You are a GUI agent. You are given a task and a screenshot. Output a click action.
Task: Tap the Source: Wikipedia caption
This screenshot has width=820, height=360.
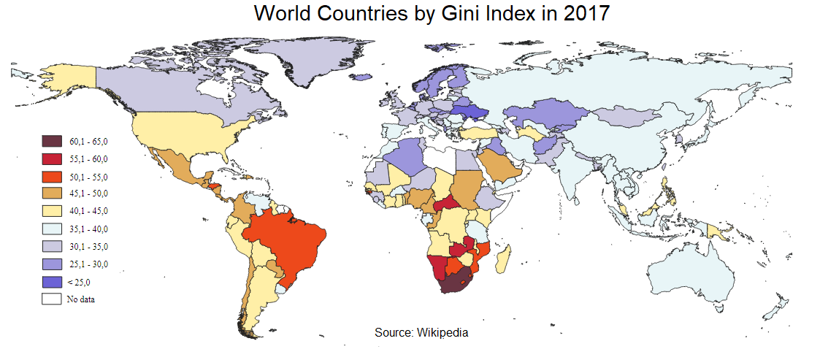tap(421, 332)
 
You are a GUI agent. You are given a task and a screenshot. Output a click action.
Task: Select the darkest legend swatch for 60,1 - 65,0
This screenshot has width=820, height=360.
tap(51, 141)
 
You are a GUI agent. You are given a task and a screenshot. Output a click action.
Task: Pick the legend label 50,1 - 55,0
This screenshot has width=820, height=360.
tap(88, 176)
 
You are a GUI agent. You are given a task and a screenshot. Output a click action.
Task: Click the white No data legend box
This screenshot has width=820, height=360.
tap(51, 299)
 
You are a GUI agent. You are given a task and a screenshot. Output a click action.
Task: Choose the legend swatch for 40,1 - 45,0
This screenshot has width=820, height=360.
tap(51, 211)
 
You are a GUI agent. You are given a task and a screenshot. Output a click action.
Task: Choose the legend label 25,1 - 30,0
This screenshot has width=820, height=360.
tap(88, 264)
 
